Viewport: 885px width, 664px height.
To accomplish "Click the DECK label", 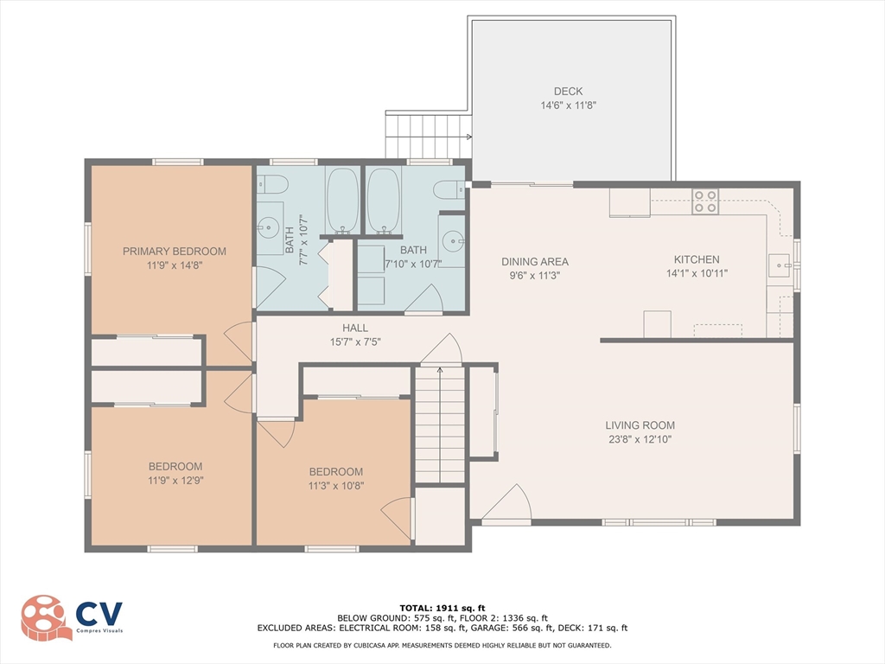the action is click(569, 92).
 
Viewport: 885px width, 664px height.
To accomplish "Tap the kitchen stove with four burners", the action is click(705, 201).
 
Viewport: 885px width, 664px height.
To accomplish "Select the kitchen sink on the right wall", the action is click(781, 265).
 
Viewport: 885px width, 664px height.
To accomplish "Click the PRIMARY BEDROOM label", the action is click(175, 252).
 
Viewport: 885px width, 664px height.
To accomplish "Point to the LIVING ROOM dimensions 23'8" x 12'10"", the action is click(640, 439).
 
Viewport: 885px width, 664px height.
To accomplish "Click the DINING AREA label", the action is click(535, 261).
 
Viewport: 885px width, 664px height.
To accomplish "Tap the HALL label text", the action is click(355, 328).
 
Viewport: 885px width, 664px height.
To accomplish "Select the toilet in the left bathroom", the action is click(273, 184).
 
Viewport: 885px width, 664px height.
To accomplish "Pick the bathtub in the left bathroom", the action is click(342, 201).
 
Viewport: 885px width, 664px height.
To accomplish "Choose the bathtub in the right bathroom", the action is click(384, 201).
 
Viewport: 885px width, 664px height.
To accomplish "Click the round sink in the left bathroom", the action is click(268, 228).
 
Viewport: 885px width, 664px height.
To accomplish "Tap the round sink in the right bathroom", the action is click(452, 241).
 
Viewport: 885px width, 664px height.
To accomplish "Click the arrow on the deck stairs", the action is click(468, 137).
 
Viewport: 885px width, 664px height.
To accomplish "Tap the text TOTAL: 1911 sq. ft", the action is click(442, 608).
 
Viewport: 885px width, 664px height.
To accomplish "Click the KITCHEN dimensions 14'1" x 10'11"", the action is click(697, 273).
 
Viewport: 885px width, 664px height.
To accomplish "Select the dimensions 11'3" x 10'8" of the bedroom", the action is click(336, 486).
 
